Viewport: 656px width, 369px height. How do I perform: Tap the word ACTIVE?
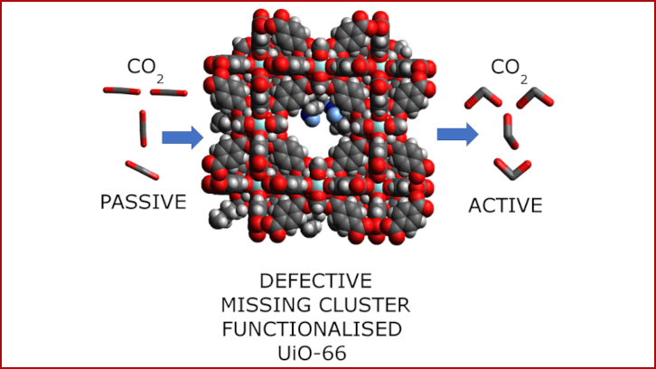pos(505,205)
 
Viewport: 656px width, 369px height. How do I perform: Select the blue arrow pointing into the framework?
pos(182,137)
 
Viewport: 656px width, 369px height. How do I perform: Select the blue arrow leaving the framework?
pos(457,135)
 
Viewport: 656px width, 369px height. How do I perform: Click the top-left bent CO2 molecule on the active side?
pos(478,98)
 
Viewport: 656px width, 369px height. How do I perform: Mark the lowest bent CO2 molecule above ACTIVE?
pos(511,167)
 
